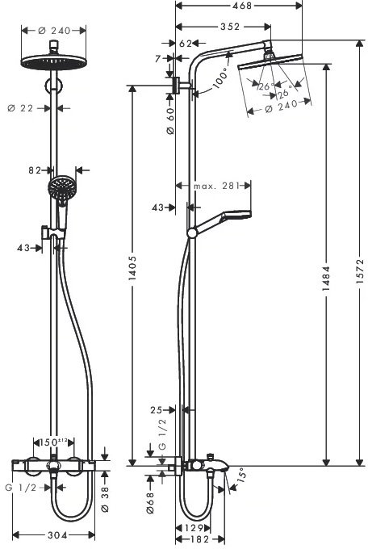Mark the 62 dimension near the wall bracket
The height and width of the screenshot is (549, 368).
185,44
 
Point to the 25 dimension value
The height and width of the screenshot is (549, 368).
158,411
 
